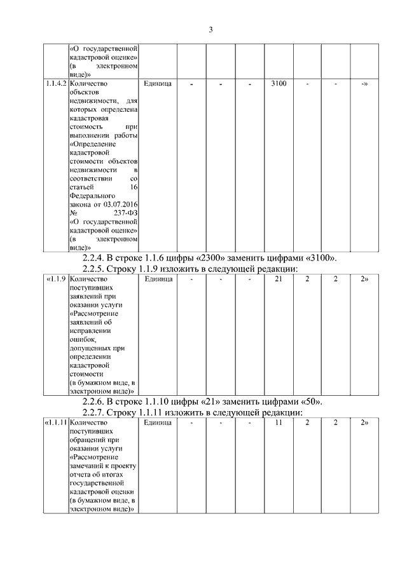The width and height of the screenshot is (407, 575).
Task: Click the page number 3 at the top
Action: click(x=210, y=30)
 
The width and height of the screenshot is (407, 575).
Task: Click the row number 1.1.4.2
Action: click(x=55, y=83)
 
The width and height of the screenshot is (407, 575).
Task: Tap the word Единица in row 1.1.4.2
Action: click(x=158, y=83)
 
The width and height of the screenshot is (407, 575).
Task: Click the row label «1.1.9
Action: click(x=55, y=278)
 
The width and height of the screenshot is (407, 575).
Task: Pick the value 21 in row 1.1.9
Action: click(x=279, y=278)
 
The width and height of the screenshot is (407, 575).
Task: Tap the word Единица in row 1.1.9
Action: click(x=158, y=278)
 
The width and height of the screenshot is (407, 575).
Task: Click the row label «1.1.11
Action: click(x=55, y=422)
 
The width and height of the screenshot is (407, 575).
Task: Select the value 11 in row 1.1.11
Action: click(x=279, y=422)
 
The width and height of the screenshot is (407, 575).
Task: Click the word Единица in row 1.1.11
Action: click(x=158, y=422)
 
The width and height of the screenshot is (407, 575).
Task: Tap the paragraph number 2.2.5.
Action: click(x=97, y=269)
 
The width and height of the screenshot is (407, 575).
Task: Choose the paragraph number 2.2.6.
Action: click(x=97, y=402)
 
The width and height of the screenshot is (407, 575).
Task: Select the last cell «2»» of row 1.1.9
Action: click(x=364, y=278)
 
